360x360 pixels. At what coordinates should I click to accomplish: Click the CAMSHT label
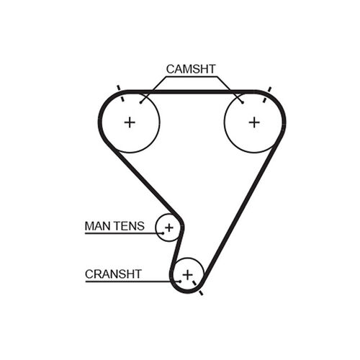191,69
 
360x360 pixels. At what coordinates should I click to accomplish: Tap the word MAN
98,226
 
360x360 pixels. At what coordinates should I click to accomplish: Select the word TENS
129,226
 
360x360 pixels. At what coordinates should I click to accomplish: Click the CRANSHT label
113,274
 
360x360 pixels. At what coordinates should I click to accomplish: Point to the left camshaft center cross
130,122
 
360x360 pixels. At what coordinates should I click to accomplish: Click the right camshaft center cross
254,122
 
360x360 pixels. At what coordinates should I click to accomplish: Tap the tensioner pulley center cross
169,228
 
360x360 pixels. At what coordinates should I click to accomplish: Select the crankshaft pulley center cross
188,274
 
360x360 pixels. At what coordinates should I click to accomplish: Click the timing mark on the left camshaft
120,94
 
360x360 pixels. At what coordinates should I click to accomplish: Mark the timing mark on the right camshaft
266,95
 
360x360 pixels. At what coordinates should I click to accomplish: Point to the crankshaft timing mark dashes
197,287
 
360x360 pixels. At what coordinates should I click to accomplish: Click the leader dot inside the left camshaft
141,103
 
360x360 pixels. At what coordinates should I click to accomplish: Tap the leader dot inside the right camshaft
243,102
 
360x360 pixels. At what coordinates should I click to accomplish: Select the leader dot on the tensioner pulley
163,233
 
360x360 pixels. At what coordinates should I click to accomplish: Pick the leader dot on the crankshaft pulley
180,282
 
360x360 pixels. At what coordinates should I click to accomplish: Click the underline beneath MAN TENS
124,233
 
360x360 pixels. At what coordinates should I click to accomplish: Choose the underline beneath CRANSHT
132,282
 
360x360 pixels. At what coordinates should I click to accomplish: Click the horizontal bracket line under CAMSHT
192,77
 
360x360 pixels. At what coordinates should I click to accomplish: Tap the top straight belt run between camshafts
192,91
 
